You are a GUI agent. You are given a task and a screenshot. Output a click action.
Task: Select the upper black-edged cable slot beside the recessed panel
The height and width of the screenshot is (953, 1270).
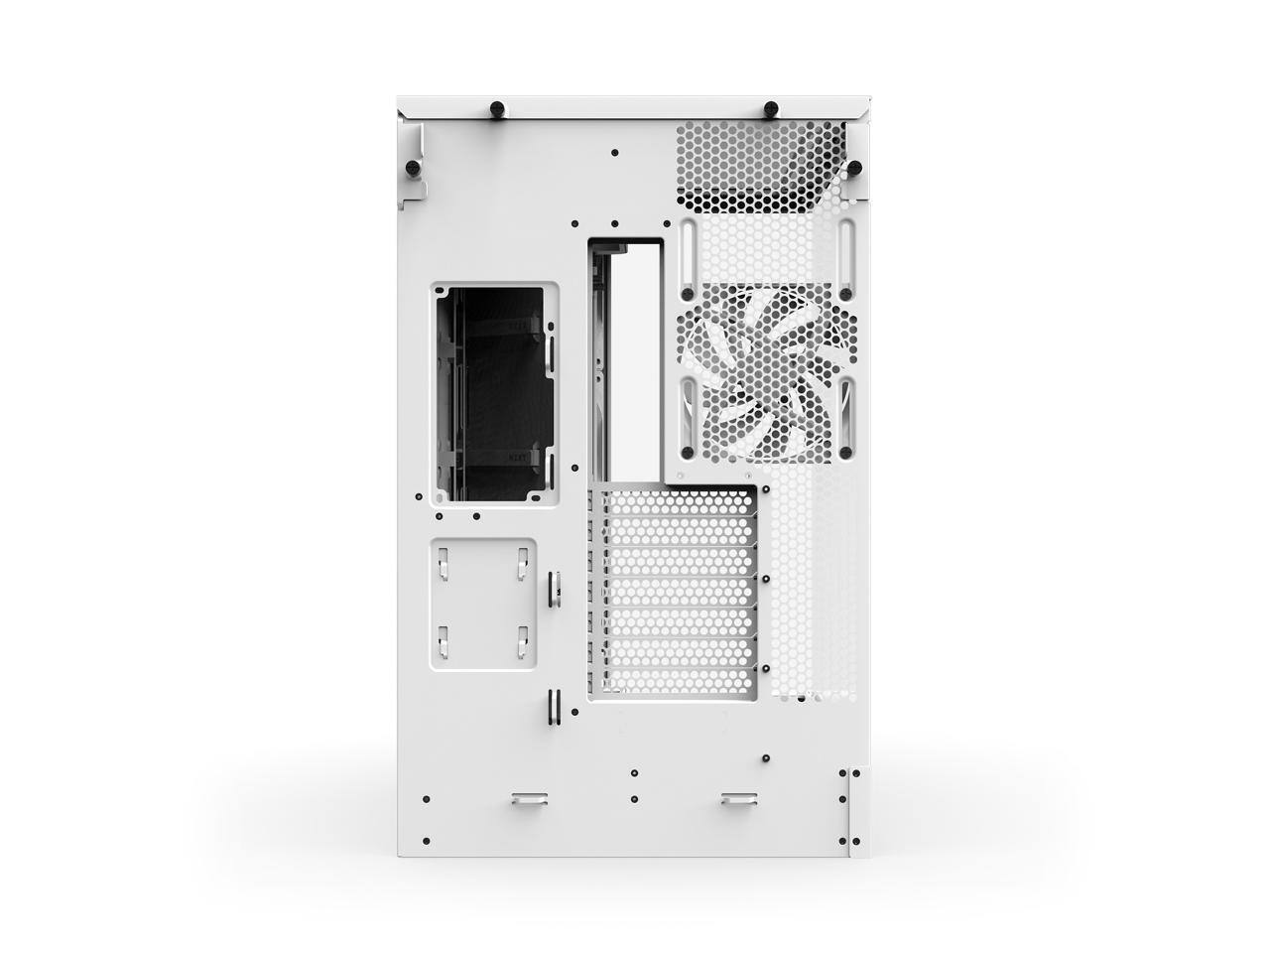553,586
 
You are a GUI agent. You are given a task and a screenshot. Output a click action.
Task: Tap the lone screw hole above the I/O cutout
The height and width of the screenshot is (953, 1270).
615,153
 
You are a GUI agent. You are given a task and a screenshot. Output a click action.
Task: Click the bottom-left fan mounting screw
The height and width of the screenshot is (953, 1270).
685,452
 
